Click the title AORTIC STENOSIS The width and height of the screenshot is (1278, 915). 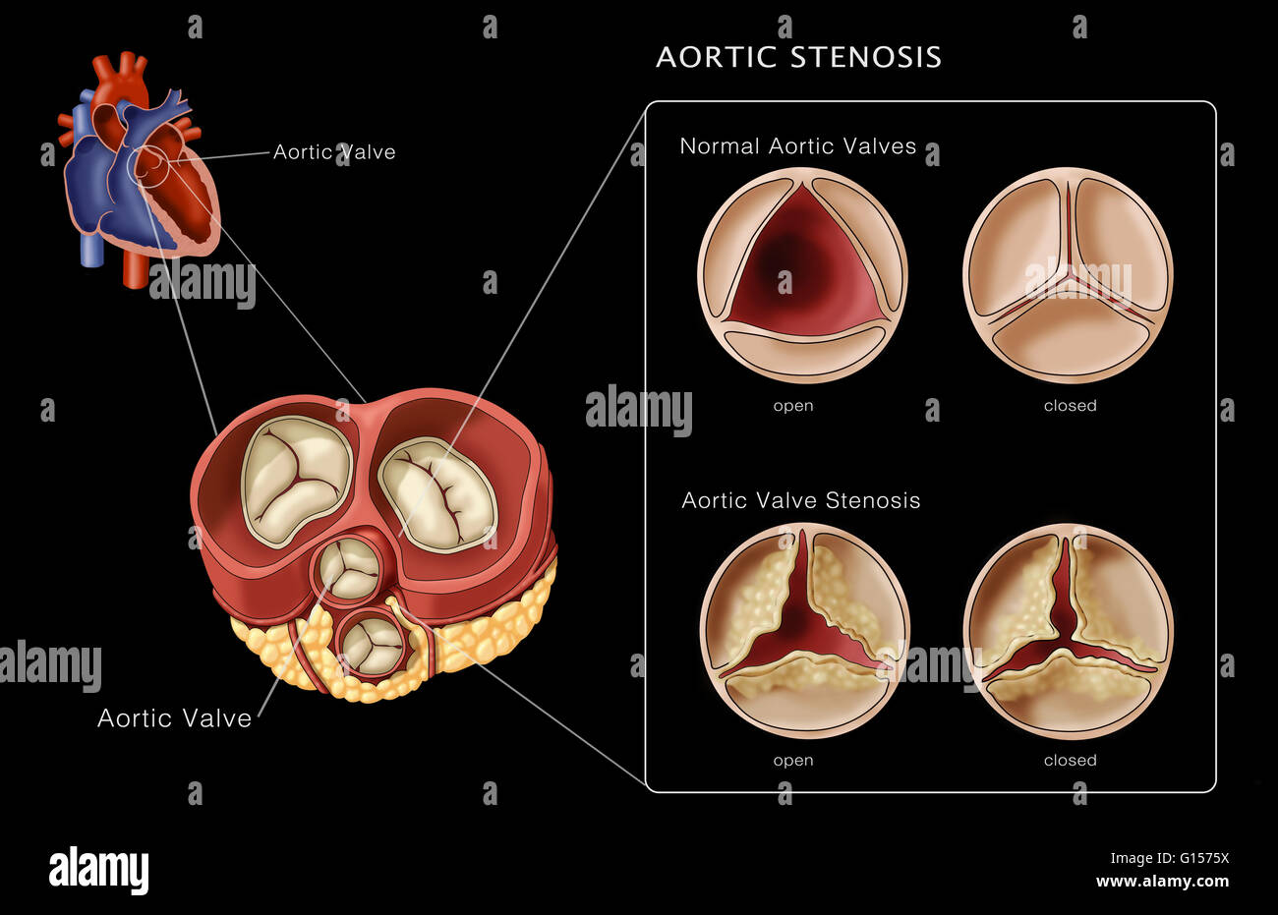click(798, 57)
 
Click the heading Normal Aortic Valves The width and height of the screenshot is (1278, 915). click(797, 146)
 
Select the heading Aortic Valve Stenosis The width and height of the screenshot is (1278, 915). click(800, 500)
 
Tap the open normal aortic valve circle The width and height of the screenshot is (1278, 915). click(802, 274)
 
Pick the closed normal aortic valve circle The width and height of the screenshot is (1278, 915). click(1069, 274)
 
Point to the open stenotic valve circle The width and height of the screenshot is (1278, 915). click(804, 630)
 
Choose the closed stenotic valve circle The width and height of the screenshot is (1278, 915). click(1069, 630)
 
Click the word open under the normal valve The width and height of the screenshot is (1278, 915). click(793, 405)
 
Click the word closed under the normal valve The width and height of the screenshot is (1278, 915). click(1070, 405)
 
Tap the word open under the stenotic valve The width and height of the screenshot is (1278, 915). click(793, 760)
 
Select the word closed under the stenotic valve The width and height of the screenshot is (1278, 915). click(1070, 760)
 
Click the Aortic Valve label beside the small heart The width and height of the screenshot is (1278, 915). click(334, 152)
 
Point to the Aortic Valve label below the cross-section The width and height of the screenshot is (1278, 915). click(174, 718)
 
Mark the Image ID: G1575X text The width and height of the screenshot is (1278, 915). click(1161, 858)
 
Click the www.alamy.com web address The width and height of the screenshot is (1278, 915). click(1162, 882)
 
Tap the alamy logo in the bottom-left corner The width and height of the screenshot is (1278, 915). click(98, 871)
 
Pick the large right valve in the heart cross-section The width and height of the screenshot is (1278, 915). click(437, 493)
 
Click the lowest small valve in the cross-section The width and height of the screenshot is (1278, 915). click(371, 644)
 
